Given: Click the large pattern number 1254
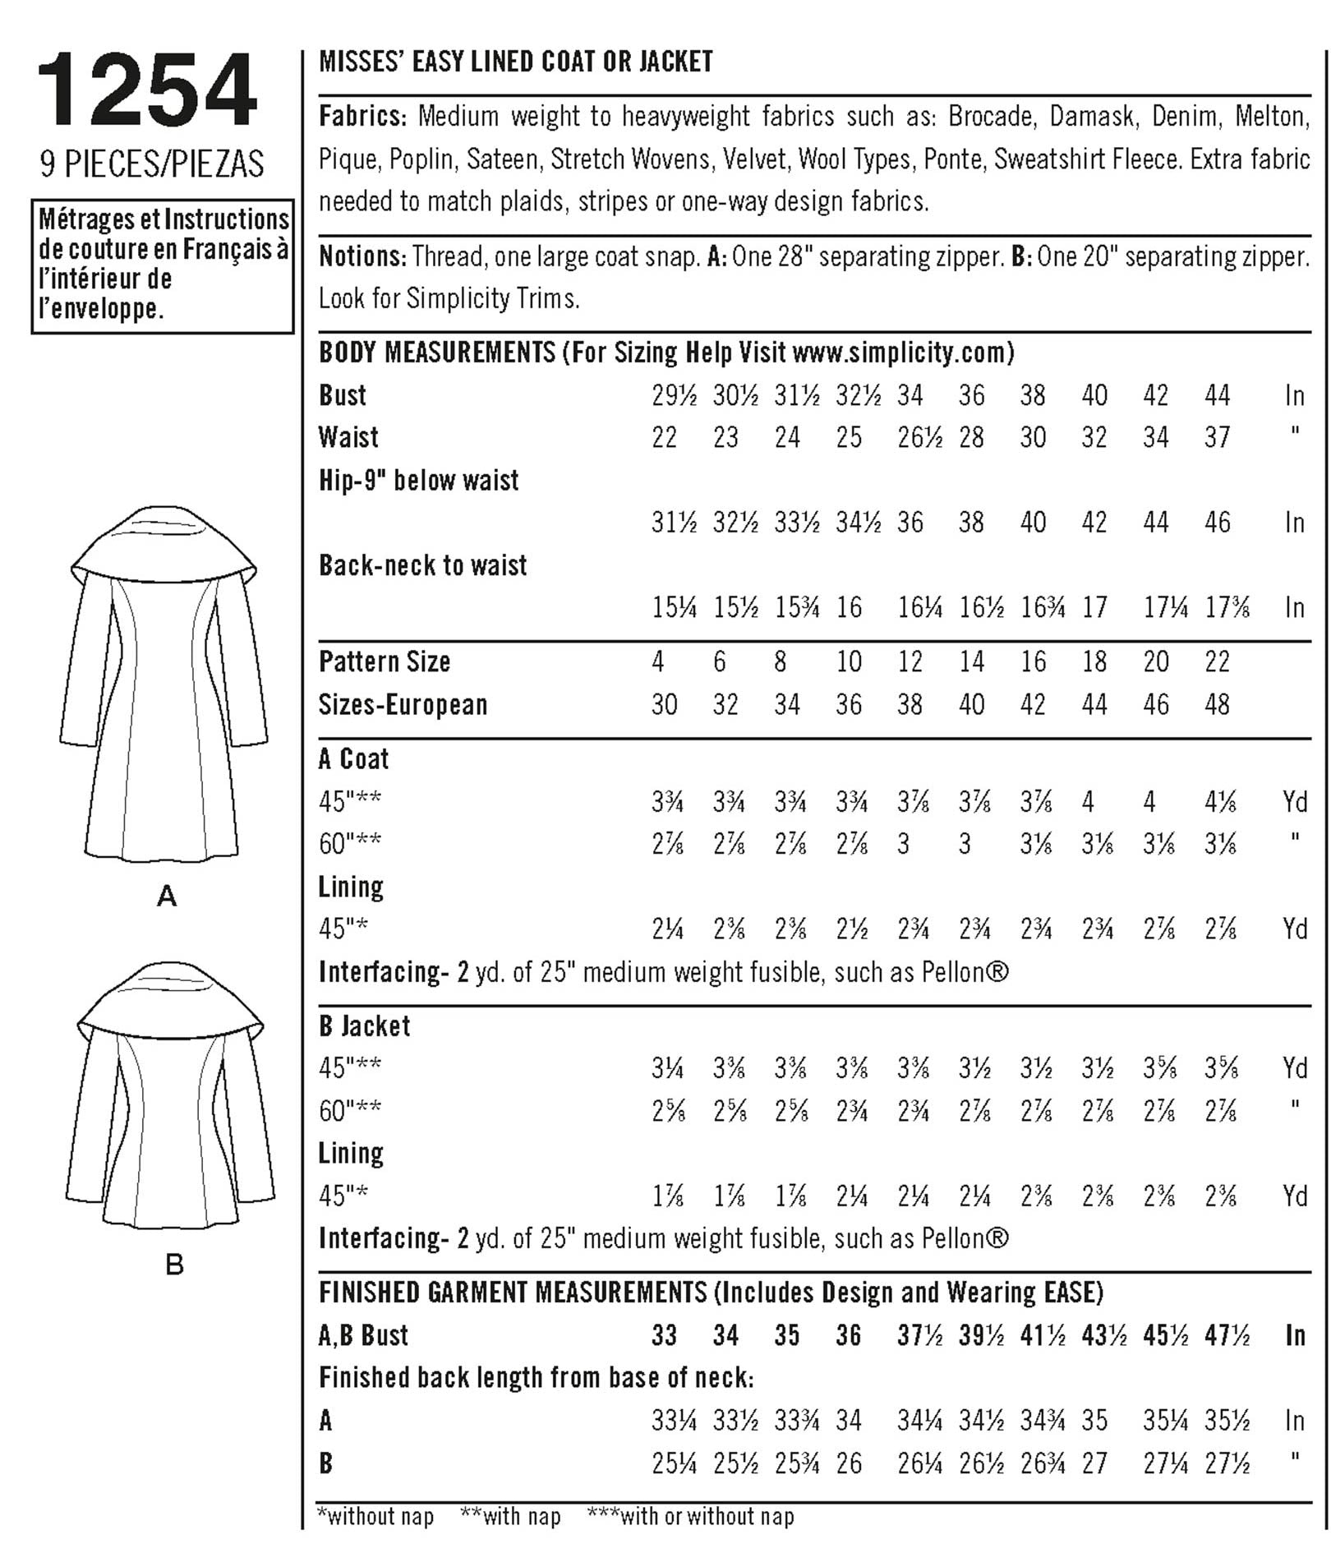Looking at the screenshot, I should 147,90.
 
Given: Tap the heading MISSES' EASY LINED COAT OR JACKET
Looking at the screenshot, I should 515,62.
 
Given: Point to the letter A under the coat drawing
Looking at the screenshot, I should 167,896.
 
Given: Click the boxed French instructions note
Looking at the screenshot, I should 163,265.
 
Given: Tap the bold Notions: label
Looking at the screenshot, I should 362,256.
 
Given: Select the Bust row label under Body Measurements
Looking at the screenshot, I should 343,395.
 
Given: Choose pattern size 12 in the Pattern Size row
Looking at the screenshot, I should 910,661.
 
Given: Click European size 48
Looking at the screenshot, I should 1217,704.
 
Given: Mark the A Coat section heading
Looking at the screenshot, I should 353,758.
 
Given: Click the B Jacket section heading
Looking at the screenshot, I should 364,1025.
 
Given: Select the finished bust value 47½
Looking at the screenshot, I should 1227,1335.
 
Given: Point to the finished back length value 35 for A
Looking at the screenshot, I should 1094,1420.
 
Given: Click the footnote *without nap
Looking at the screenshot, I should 375,1516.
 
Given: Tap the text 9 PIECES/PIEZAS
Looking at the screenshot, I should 152,164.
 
